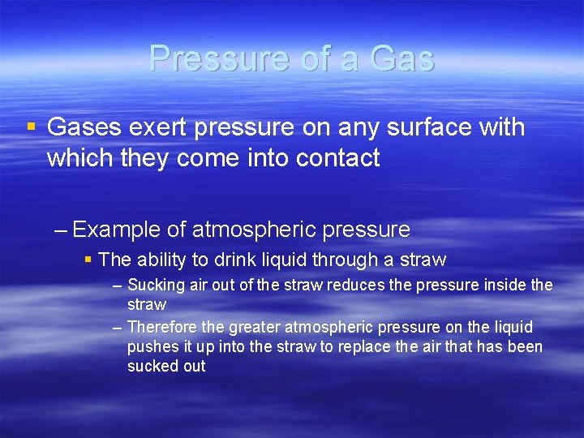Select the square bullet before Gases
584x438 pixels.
[x=31, y=127]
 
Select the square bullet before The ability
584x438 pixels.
[x=88, y=260]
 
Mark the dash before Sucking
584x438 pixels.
[x=118, y=286]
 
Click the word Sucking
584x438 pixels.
[x=157, y=286]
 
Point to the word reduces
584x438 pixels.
[x=357, y=286]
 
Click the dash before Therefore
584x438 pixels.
[x=118, y=328]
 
